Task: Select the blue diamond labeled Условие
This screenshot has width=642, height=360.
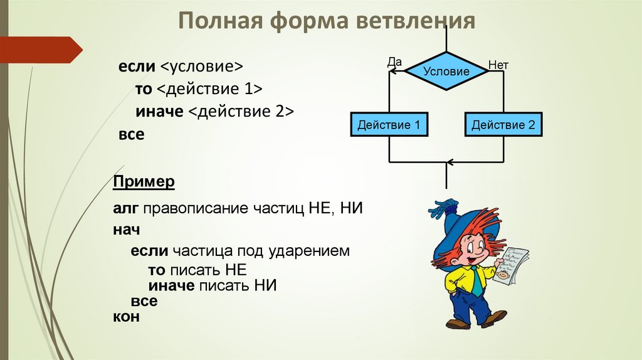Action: pyautogui.click(x=446, y=71)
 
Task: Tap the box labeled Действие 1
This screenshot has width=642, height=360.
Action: pyautogui.click(x=389, y=125)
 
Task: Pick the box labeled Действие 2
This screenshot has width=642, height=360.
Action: pyautogui.click(x=503, y=125)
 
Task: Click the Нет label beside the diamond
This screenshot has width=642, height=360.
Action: pyautogui.click(x=498, y=65)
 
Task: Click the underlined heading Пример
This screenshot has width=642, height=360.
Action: pyautogui.click(x=144, y=183)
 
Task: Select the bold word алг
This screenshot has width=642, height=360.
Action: pyautogui.click(x=126, y=208)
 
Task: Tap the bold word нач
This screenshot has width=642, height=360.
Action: pyautogui.click(x=126, y=230)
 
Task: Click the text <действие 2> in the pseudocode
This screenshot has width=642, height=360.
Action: pyautogui.click(x=241, y=111)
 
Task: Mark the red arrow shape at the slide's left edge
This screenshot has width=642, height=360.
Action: pyautogui.click(x=41, y=49)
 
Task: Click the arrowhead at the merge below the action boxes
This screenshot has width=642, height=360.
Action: pyautogui.click(x=448, y=162)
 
